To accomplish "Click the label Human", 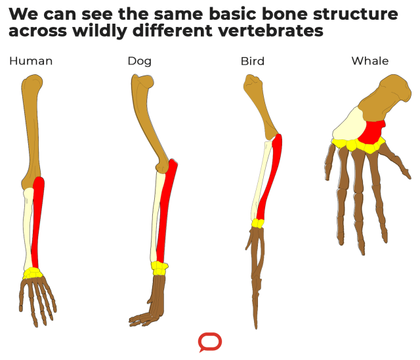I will click(31, 61).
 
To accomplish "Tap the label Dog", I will click(139, 61).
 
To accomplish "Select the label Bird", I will click(253, 61).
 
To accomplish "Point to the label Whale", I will click(370, 61).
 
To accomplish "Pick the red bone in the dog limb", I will click(166, 210).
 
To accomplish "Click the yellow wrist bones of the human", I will click(32, 273).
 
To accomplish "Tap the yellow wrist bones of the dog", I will click(159, 267).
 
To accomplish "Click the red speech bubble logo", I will click(210, 342).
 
